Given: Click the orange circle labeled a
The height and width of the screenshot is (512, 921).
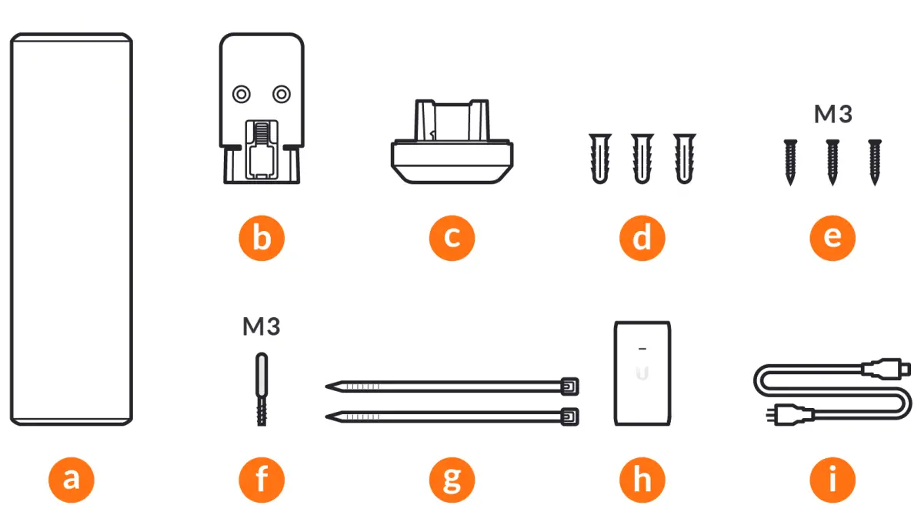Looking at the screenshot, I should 71,480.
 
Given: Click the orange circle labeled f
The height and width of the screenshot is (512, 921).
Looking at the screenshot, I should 261,480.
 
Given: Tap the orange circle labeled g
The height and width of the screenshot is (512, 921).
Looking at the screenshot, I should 452,480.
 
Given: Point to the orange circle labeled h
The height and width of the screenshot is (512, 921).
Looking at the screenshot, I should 642,480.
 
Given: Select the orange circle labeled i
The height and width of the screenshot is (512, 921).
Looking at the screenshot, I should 833,480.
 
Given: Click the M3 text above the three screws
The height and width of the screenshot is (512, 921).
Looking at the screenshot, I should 833,115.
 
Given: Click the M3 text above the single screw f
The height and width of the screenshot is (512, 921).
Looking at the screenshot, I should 262,327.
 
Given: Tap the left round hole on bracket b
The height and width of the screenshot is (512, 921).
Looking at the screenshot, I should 242,94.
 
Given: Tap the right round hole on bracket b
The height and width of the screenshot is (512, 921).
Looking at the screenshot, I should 282,94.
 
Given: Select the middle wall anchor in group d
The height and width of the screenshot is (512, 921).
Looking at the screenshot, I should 642,158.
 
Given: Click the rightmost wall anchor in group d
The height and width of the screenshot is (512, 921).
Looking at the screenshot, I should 683,158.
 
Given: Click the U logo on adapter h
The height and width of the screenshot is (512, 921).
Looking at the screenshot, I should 642,375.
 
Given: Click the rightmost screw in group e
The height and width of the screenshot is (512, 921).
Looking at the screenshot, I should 874,162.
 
